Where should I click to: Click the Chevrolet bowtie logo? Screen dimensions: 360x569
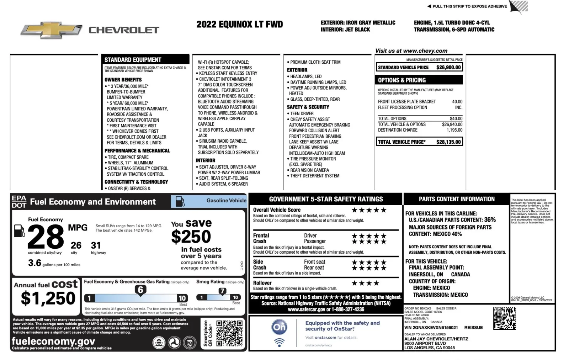51,30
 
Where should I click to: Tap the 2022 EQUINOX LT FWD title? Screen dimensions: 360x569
240,24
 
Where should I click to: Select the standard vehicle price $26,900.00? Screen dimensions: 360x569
448,67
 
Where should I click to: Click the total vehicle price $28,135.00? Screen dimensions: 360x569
448,142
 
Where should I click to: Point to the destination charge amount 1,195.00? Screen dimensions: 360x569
454,130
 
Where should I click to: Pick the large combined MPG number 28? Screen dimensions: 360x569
46,237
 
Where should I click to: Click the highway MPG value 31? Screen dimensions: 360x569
96,245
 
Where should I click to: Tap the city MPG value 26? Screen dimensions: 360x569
76,245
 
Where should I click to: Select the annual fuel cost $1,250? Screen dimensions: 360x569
48,298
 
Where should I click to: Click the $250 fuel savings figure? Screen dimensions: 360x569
191,237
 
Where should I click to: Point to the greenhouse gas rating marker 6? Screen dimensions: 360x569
140,290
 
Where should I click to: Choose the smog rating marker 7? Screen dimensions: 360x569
222,291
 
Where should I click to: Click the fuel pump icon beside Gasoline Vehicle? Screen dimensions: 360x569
180,201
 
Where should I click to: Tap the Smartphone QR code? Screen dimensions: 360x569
229,333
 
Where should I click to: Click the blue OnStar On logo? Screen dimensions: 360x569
280,327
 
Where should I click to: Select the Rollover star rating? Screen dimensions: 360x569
365,283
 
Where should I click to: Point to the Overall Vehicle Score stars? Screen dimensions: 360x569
369,210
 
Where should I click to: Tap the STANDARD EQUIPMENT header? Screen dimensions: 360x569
133,60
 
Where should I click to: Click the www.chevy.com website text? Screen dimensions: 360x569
425,51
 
